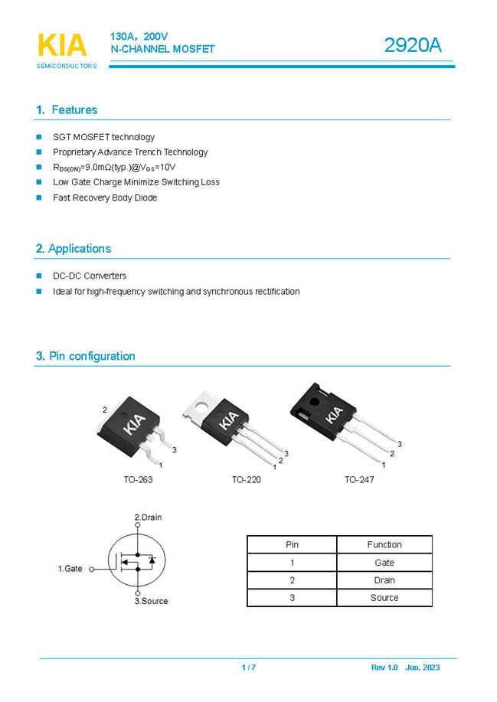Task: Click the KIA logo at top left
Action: click(62, 45)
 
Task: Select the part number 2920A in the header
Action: click(412, 46)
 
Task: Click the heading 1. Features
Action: click(67, 110)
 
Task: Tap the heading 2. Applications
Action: click(73, 249)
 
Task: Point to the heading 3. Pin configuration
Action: click(85, 356)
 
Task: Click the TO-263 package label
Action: click(138, 480)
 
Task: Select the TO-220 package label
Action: click(247, 480)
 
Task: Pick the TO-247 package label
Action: click(359, 480)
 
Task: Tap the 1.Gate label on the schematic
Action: click(70, 569)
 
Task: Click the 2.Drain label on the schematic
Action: click(148, 518)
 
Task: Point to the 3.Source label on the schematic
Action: click(151, 601)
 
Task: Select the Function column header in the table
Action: click(384, 545)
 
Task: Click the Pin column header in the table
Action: click(292, 545)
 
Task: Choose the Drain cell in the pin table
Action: click(384, 580)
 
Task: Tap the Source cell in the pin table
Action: click(384, 598)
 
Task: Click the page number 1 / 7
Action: click(248, 668)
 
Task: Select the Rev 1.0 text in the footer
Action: click(384, 668)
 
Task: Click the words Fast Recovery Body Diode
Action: click(105, 198)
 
